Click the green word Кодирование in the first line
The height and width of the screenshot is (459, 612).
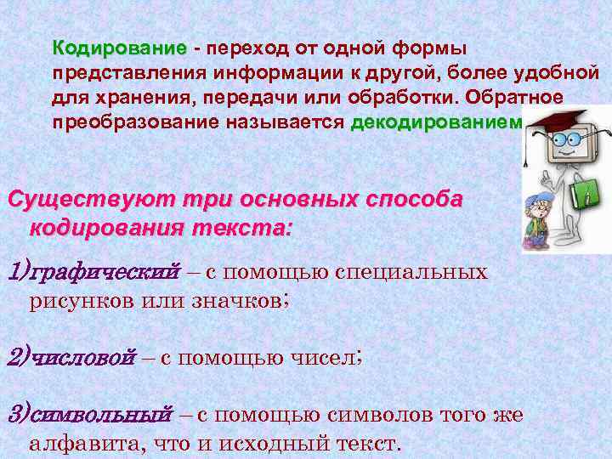(119, 46)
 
